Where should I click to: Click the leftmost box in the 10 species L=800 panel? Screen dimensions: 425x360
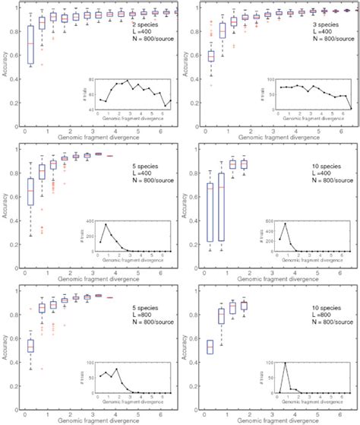click(x=210, y=347)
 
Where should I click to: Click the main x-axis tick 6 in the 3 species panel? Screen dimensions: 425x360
click(x=343, y=131)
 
